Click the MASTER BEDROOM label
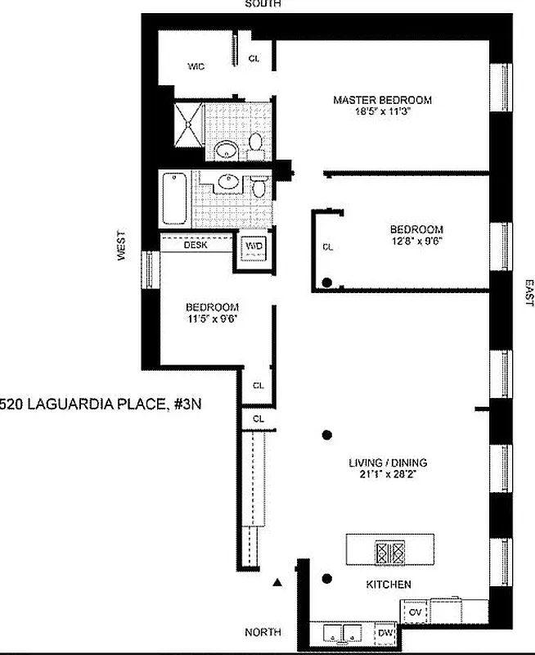point(382,100)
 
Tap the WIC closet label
point(196,66)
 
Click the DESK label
point(196,244)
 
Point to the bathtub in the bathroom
point(174,198)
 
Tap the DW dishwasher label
point(384,635)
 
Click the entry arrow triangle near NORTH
point(277,583)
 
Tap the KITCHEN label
point(388,585)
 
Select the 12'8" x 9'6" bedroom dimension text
point(416,242)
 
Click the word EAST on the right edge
point(528,293)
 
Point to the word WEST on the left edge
point(121,246)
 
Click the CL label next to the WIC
point(254,59)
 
